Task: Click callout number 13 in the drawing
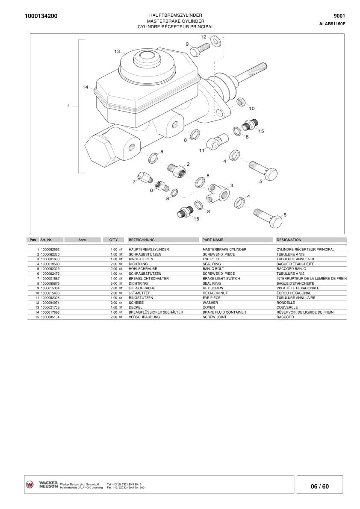point(117,51)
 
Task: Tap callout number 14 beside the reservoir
point(85,87)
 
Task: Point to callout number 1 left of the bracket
point(68,106)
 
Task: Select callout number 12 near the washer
point(204,37)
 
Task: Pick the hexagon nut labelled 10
point(241,102)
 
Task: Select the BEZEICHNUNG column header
point(142,240)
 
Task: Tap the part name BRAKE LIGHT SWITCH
point(221,279)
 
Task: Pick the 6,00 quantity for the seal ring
point(114,283)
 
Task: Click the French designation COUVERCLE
point(287,307)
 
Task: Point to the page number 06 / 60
point(320,486)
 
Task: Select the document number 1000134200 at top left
point(41,16)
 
